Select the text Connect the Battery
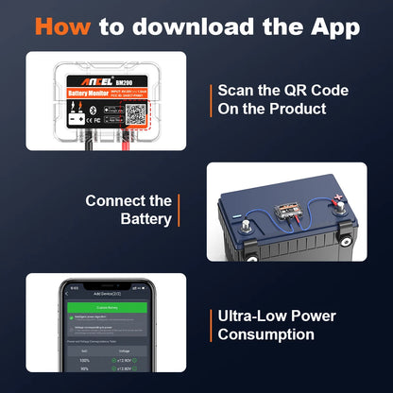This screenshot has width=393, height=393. pyautogui.click(x=128, y=210)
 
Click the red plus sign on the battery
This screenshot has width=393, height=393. pyautogui.click(x=334, y=202)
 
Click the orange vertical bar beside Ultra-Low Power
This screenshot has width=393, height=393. pyautogui.click(x=208, y=325)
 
